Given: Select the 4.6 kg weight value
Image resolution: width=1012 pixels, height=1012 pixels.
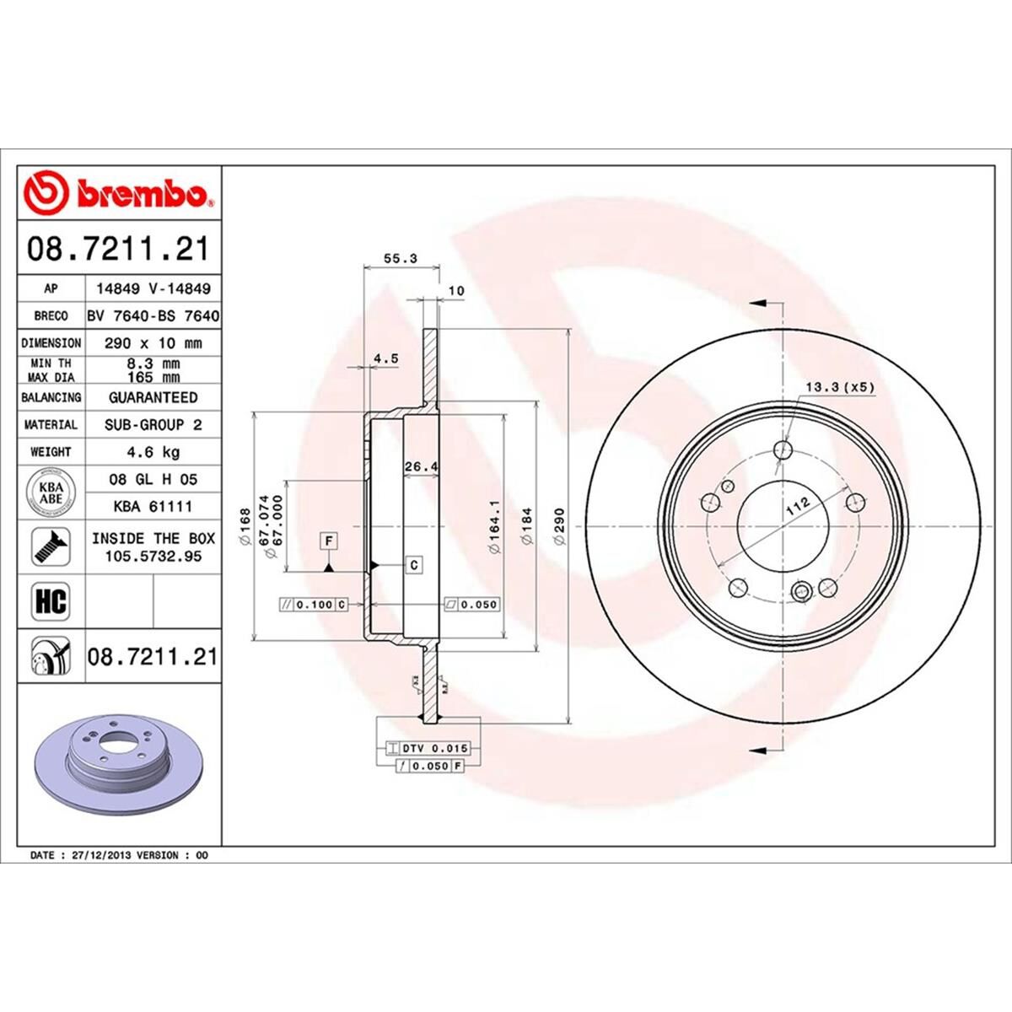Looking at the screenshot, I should point(153,452).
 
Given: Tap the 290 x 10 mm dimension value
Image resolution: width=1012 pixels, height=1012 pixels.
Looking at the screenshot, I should point(153,343).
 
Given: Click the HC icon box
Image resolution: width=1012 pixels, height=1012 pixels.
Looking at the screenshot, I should point(50,601).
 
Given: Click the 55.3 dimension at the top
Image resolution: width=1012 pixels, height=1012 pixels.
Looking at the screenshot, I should point(401,259).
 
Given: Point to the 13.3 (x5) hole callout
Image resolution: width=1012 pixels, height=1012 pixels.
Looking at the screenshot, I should point(840,388).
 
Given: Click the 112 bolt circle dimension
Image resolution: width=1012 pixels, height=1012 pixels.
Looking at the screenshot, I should point(797,507).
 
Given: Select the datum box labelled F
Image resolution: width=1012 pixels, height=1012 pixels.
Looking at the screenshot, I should point(328,540).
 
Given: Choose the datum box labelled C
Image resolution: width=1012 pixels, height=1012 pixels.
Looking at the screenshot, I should point(414,565).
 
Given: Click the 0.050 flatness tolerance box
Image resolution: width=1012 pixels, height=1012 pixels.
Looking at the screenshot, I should point(472,604).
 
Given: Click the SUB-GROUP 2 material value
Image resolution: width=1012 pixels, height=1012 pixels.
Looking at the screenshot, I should point(153,425).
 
